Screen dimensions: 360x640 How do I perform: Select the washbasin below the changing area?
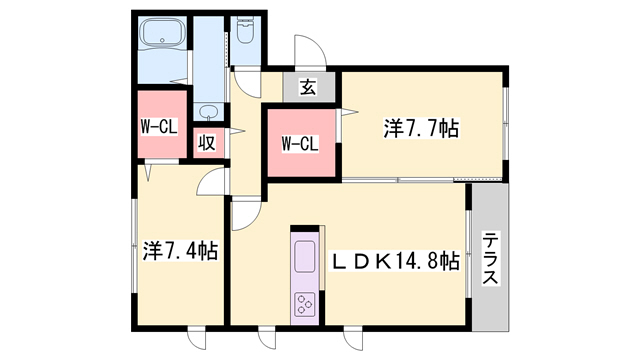209,112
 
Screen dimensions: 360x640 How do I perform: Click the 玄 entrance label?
308,88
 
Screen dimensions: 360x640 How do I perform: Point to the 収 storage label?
207,143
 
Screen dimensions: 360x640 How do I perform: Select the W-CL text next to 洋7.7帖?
299,143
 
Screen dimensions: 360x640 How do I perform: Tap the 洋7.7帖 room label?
421,128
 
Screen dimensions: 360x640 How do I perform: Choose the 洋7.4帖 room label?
181,251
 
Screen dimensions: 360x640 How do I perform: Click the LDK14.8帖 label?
395,261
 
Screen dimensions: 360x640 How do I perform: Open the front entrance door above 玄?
308,52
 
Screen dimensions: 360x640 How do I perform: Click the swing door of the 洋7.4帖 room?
212,180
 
